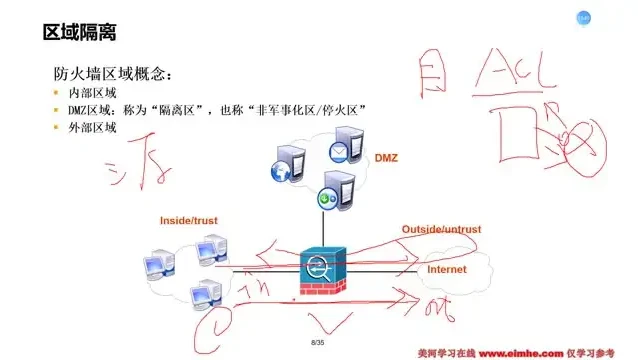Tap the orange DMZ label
386,159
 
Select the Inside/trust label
189,219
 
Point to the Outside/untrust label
441,230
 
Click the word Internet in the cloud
447,270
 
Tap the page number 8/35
319,343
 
